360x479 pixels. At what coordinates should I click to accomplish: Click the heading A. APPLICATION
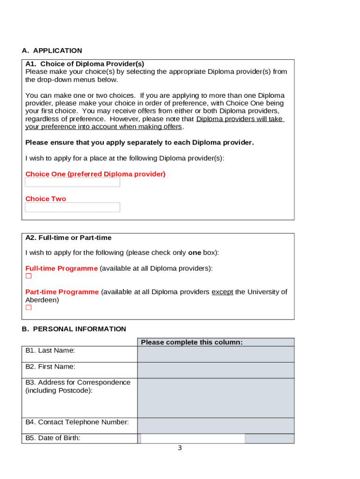[x=52, y=51]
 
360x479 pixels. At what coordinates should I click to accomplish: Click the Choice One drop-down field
[x=72, y=182]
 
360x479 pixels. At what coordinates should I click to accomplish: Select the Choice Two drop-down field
[x=72, y=207]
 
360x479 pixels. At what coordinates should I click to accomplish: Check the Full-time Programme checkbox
[x=29, y=276]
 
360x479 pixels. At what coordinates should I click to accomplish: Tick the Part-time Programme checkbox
[x=29, y=307]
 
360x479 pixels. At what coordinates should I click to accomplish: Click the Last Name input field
[x=216, y=354]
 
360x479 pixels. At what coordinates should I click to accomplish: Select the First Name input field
[x=216, y=370]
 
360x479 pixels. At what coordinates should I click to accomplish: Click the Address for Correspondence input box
[x=216, y=398]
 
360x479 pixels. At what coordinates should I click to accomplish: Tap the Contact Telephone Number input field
[x=216, y=426]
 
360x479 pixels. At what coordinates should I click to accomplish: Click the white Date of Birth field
[x=192, y=438]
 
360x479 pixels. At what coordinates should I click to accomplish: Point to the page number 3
[x=180, y=448]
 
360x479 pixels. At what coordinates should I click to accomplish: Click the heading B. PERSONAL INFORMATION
[x=74, y=329]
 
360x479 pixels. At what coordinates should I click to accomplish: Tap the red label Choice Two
[x=46, y=199]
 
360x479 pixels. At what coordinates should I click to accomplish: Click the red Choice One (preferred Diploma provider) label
[x=95, y=174]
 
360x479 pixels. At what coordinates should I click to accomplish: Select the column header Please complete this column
[x=192, y=342]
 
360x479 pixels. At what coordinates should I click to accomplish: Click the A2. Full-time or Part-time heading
[x=68, y=238]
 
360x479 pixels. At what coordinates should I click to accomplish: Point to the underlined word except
[x=222, y=292]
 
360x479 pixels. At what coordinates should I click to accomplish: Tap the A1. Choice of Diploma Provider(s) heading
[x=85, y=64]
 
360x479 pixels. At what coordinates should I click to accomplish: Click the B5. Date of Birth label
[x=53, y=438]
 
